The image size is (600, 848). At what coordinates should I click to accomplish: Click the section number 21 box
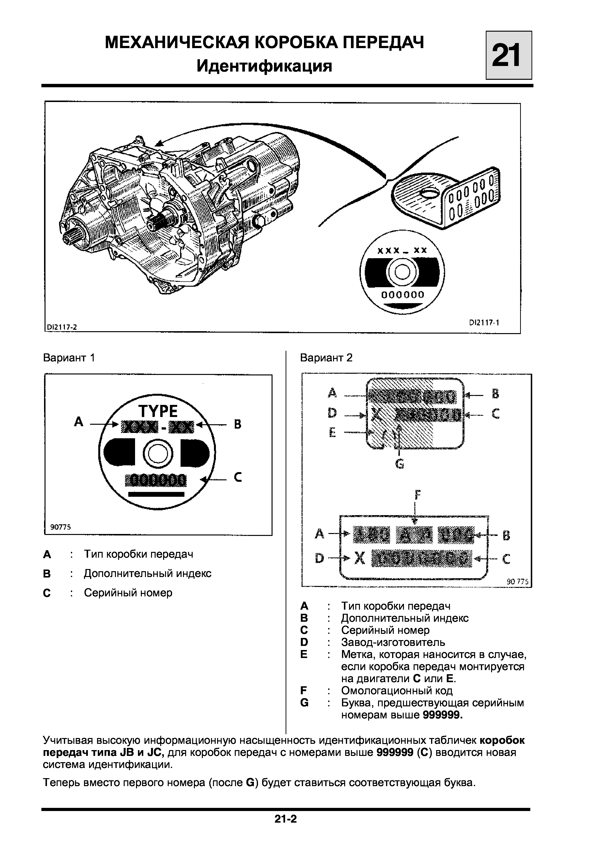(x=509, y=55)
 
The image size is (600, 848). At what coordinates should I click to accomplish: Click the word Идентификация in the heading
(x=264, y=66)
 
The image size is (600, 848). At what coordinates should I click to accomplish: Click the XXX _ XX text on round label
(x=402, y=251)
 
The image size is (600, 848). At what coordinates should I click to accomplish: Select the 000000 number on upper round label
(x=403, y=295)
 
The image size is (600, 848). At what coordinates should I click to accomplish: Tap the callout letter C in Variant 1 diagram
(x=238, y=478)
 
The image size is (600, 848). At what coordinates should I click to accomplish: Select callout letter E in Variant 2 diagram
(x=332, y=432)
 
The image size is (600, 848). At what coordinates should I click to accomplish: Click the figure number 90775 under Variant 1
(x=60, y=527)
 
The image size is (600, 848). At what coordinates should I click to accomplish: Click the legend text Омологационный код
(x=397, y=691)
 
